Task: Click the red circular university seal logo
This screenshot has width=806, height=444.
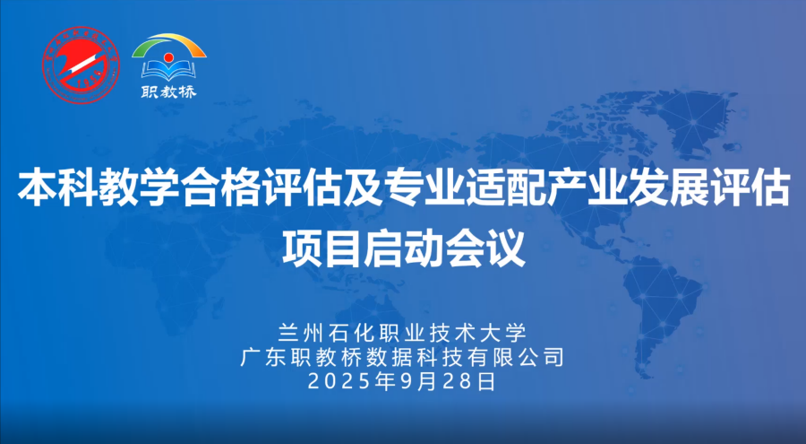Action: click(81, 65)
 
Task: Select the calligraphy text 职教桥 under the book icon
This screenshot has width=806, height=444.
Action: click(169, 92)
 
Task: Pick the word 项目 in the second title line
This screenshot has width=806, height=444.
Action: click(322, 248)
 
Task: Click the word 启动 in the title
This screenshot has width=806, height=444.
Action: click(404, 248)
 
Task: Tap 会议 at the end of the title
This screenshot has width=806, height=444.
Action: click(485, 248)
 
